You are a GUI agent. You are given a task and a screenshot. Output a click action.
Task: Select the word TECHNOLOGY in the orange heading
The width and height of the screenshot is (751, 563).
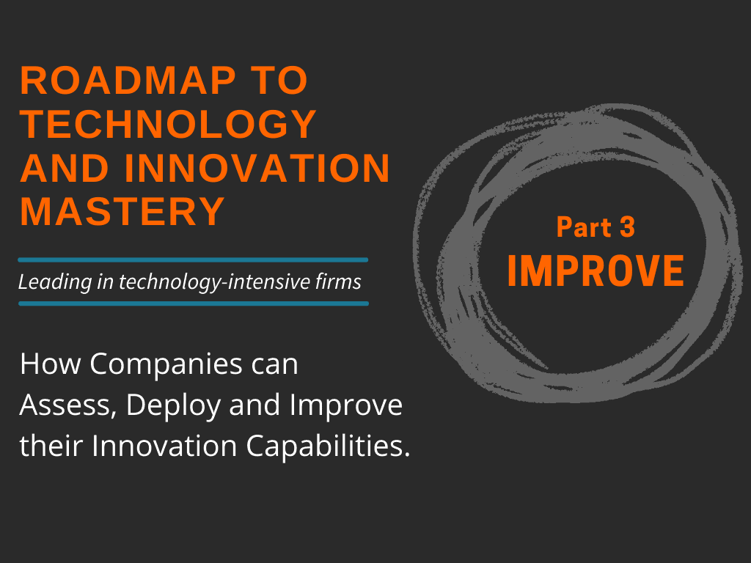click(169, 125)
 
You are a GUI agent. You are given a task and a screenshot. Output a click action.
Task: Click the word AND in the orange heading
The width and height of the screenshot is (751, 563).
click(56, 169)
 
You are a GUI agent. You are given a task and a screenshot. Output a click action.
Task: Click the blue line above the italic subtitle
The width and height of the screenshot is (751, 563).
click(193, 260)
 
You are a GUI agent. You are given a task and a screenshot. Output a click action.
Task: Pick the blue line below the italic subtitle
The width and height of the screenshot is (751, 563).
click(193, 303)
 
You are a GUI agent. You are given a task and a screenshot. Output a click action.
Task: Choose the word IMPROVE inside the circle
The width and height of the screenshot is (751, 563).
click(596, 271)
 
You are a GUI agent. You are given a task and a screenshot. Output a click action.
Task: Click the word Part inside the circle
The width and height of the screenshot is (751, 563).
click(582, 227)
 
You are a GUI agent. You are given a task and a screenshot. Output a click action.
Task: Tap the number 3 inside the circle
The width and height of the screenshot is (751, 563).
click(626, 227)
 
